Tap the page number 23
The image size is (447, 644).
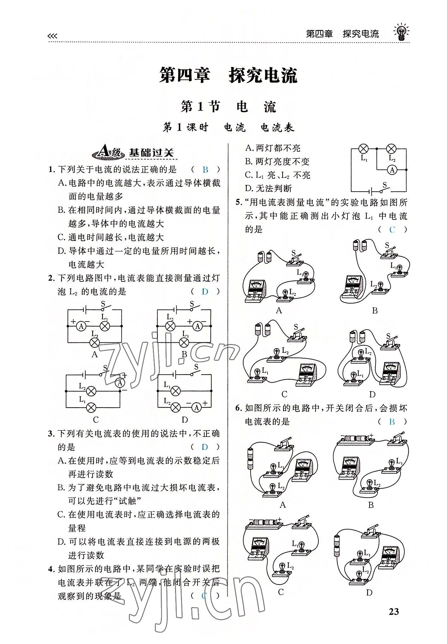point(394,621)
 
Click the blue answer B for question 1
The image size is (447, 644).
point(205,170)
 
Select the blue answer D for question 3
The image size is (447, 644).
point(205,447)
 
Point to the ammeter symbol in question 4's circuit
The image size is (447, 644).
point(392,170)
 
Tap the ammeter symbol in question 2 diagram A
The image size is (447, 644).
point(81,326)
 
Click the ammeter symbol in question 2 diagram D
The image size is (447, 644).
point(196,408)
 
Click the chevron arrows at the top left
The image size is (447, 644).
point(52,36)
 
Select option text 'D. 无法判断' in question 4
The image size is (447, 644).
point(269,189)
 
